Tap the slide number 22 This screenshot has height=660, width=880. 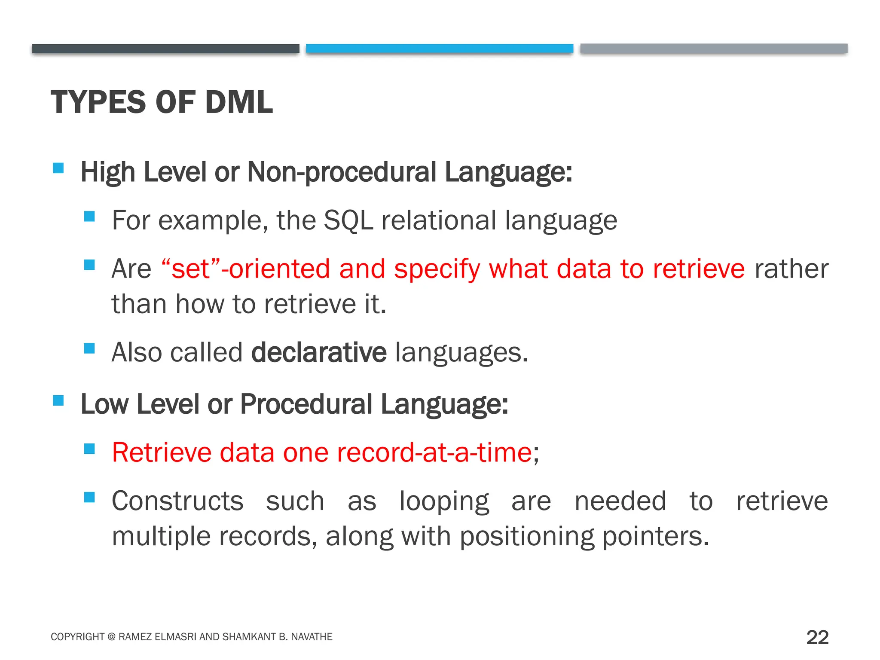[x=817, y=637]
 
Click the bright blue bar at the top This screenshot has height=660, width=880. [x=439, y=49]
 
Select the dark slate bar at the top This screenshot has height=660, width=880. [x=165, y=49]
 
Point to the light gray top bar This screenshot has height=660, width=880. [x=713, y=49]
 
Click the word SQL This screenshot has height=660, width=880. [x=348, y=220]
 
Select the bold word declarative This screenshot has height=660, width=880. [x=318, y=352]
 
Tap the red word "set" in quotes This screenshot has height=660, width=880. [x=191, y=269]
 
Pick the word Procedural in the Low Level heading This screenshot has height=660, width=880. [x=306, y=404]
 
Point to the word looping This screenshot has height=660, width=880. [x=444, y=501]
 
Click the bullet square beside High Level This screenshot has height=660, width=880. [x=58, y=168]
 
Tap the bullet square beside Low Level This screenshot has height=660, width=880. [x=58, y=400]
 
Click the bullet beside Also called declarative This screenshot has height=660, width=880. [x=89, y=348]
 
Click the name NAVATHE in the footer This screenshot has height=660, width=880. [x=312, y=637]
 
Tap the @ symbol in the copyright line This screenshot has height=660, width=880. [x=111, y=637]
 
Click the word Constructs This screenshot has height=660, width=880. [x=177, y=501]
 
